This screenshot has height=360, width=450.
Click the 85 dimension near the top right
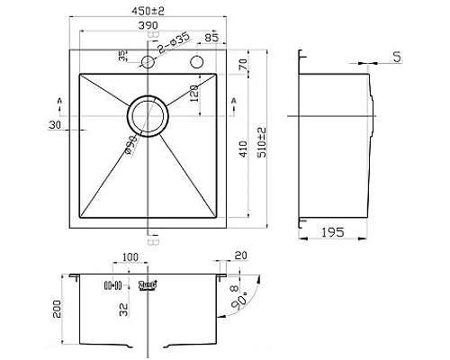coord(211,39)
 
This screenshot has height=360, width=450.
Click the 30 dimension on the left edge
coord(55,125)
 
